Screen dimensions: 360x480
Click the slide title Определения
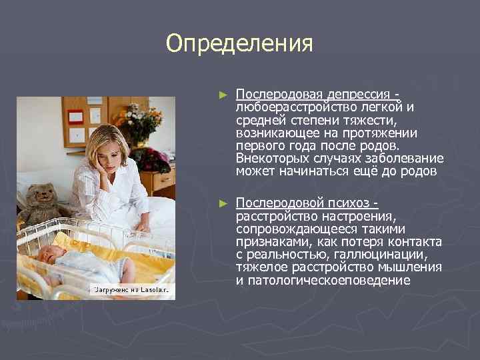[239, 44]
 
